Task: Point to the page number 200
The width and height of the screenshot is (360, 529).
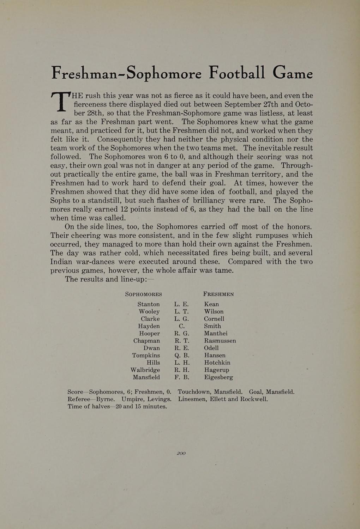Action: click(181, 454)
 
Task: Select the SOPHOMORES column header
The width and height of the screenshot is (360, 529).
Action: click(144, 294)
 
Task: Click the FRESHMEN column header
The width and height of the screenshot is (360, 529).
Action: click(218, 294)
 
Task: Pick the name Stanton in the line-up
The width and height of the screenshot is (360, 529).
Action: click(149, 304)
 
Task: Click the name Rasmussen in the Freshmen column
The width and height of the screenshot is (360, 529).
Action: click(220, 341)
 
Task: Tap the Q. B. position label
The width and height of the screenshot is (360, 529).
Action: click(182, 355)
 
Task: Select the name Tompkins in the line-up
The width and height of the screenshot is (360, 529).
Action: click(146, 355)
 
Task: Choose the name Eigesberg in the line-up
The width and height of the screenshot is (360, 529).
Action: click(218, 377)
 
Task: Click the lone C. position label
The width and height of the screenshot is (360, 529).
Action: click(182, 326)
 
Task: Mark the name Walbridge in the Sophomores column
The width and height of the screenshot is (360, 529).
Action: click(145, 370)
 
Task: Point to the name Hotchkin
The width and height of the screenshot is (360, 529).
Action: click(217, 363)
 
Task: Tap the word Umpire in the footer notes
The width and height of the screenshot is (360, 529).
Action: click(133, 399)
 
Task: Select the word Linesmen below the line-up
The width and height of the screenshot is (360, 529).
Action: click(193, 399)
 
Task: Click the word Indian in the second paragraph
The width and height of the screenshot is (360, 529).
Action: click(61, 262)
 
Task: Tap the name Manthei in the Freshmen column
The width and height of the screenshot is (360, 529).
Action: click(216, 333)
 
